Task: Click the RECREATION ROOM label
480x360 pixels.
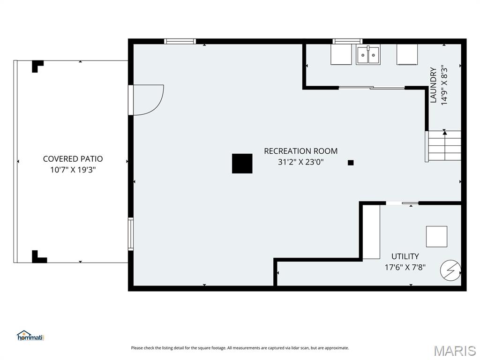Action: point(300,151)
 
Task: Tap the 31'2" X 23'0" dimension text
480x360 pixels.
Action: point(300,162)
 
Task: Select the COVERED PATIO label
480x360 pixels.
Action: point(73,159)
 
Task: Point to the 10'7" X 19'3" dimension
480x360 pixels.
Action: point(73,170)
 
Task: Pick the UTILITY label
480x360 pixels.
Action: point(405,256)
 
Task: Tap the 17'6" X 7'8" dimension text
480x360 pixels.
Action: point(405,268)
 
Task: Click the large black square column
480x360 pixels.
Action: point(242,164)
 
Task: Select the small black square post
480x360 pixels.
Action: point(351,163)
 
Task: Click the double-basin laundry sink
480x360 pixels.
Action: point(368,55)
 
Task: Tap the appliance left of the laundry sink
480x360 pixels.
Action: point(341,54)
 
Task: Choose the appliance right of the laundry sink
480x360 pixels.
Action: point(407,54)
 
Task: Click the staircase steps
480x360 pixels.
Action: point(444,146)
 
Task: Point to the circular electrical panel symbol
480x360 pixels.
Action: point(450,270)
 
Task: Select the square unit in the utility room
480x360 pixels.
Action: point(436,236)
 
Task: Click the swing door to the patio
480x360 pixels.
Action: point(147,99)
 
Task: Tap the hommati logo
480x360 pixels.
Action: point(30,336)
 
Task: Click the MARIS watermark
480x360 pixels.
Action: point(455,351)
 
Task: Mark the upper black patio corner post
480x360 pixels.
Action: point(37,66)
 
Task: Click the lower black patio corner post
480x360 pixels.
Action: point(38,257)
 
